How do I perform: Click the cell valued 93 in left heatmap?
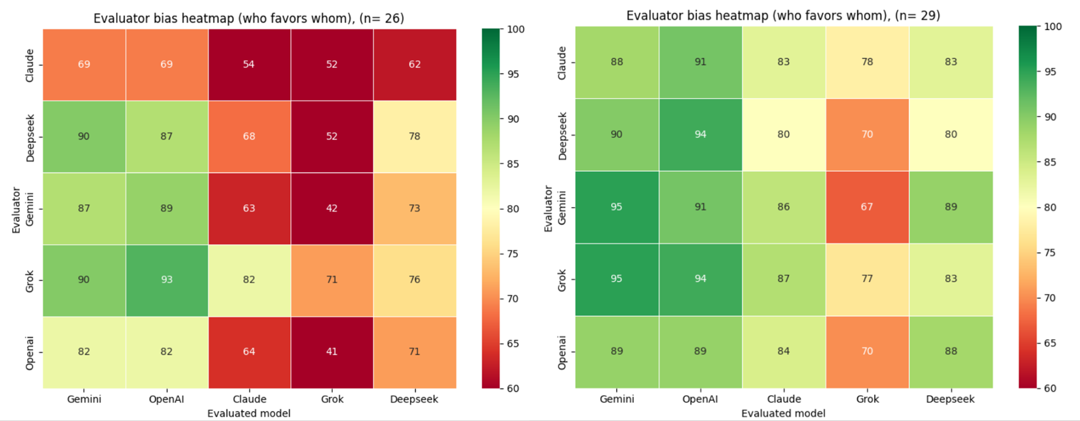(166, 280)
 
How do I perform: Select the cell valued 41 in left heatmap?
(332, 352)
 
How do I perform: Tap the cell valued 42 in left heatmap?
(332, 208)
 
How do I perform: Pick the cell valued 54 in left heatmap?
(249, 64)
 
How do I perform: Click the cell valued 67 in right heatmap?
(867, 207)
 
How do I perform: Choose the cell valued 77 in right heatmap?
(867, 279)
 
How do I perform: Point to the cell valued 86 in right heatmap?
(784, 207)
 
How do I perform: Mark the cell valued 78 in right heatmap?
(867, 62)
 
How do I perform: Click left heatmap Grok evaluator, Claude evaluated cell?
(249, 280)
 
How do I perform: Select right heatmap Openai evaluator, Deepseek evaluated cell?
(951, 351)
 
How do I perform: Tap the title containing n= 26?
(249, 18)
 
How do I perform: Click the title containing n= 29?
(783, 16)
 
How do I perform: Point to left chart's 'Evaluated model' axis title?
(249, 413)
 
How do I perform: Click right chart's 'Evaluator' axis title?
(548, 209)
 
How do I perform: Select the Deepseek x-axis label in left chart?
(414, 399)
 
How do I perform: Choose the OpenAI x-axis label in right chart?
(700, 399)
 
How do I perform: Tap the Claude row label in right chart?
(561, 63)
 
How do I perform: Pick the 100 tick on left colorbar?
(515, 29)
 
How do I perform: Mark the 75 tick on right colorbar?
(1049, 253)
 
